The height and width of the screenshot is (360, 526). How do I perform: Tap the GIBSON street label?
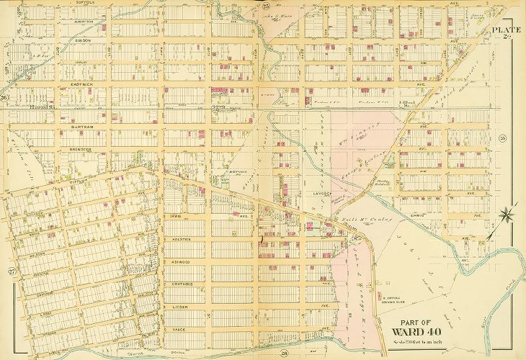click(80, 41)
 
